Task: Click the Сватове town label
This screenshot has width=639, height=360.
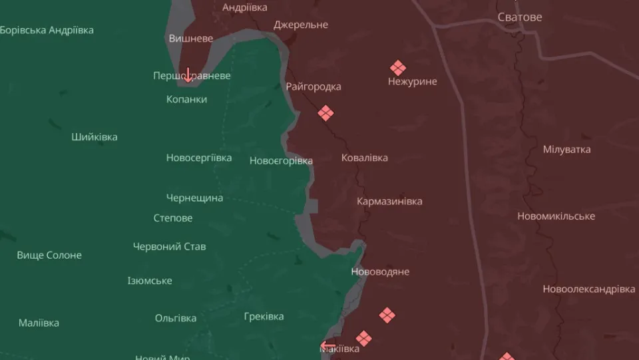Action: pos(520,17)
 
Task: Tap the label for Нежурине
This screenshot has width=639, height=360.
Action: pos(413,81)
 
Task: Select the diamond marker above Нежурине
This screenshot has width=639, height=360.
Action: pos(398,68)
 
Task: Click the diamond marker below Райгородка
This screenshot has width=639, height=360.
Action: pos(325,113)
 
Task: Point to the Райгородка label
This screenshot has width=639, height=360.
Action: pos(314,87)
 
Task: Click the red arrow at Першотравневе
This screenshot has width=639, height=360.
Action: pos(188,75)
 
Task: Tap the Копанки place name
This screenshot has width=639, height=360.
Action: pos(186,99)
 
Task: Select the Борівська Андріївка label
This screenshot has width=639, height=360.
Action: pos(47,30)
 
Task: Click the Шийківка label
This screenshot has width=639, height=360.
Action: pos(95,137)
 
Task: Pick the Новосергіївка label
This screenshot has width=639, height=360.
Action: pos(199,158)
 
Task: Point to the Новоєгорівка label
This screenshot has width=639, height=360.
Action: pos(281,161)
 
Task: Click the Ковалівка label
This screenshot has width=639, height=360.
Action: pos(364,158)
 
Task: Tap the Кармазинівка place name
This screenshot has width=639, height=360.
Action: pos(389,201)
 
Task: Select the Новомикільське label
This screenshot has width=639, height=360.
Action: pos(556,216)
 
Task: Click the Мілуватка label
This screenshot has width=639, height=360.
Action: pos(566,149)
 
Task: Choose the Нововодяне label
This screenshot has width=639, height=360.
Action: pos(380,271)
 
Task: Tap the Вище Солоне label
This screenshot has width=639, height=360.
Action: pos(49,255)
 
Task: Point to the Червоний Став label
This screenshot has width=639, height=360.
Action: pos(169,246)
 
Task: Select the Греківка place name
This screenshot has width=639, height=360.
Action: pos(264,316)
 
